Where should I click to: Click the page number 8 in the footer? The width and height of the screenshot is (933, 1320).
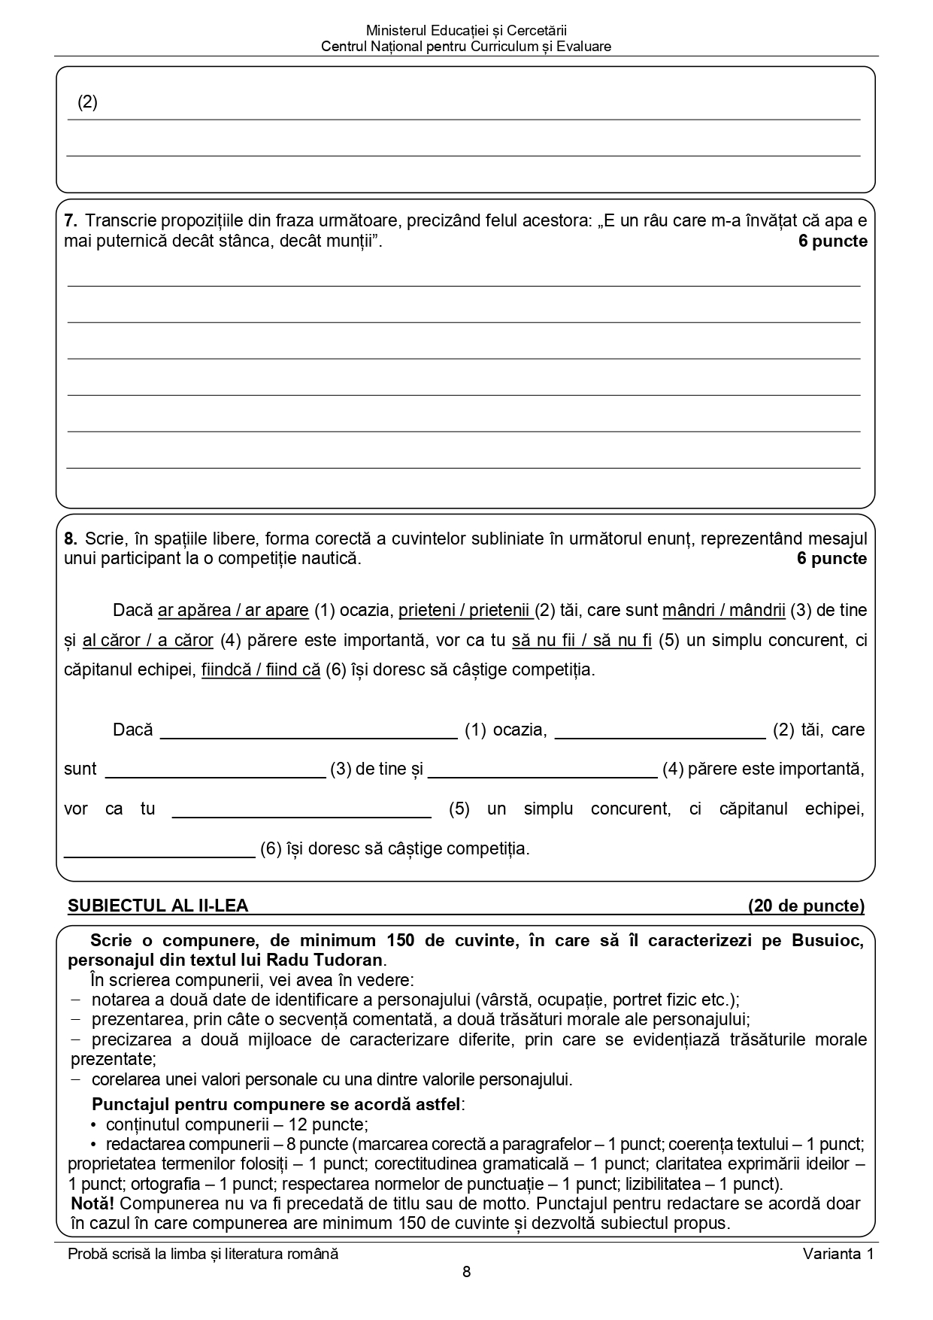click(x=466, y=1273)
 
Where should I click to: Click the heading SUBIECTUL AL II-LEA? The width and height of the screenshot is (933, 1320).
click(x=158, y=906)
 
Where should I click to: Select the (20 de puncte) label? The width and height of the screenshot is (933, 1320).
click(x=806, y=906)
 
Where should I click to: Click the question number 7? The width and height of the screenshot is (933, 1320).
click(x=71, y=221)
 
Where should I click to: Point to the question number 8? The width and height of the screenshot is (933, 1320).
click(x=71, y=539)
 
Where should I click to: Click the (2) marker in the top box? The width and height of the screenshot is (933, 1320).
click(x=88, y=102)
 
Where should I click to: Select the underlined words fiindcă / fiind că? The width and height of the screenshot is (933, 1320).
click(x=261, y=669)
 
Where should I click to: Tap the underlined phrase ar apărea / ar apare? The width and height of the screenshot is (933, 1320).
click(x=233, y=610)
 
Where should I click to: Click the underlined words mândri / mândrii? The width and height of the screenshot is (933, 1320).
click(x=723, y=610)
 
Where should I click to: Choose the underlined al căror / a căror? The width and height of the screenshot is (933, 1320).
click(x=148, y=641)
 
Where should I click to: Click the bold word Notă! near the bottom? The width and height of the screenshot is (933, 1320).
click(x=92, y=1203)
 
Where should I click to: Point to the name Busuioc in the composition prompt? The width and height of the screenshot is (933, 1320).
click(x=827, y=941)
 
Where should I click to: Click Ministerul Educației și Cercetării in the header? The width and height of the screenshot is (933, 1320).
click(x=466, y=31)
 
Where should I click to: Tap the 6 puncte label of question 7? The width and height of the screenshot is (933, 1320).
click(x=832, y=241)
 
